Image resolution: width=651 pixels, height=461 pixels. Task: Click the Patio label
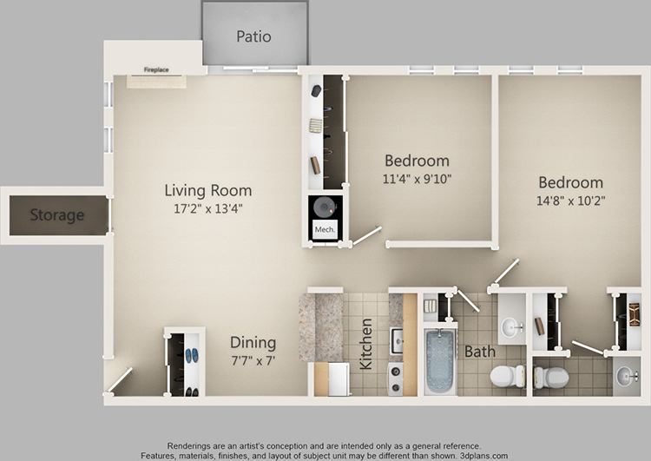[x=253, y=36]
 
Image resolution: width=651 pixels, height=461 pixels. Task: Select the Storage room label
[x=57, y=214]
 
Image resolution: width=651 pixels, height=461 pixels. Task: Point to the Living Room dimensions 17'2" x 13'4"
[x=208, y=208]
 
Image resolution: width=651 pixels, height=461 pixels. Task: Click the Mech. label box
[x=325, y=230]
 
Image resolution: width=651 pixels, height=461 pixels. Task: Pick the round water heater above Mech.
[x=325, y=207]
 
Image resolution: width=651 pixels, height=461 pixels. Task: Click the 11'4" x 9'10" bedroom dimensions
[x=417, y=180]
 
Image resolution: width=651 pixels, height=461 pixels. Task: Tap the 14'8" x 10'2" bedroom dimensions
[x=570, y=201]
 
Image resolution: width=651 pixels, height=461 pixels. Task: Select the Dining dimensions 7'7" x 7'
[x=253, y=360]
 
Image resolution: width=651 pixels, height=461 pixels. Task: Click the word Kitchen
[x=366, y=343]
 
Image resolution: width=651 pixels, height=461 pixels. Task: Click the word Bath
[x=479, y=352]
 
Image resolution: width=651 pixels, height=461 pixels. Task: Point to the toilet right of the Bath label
[x=507, y=376]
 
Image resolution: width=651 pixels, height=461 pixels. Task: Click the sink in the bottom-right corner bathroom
[x=626, y=376]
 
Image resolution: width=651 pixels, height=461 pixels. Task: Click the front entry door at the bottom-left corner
[x=120, y=379]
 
